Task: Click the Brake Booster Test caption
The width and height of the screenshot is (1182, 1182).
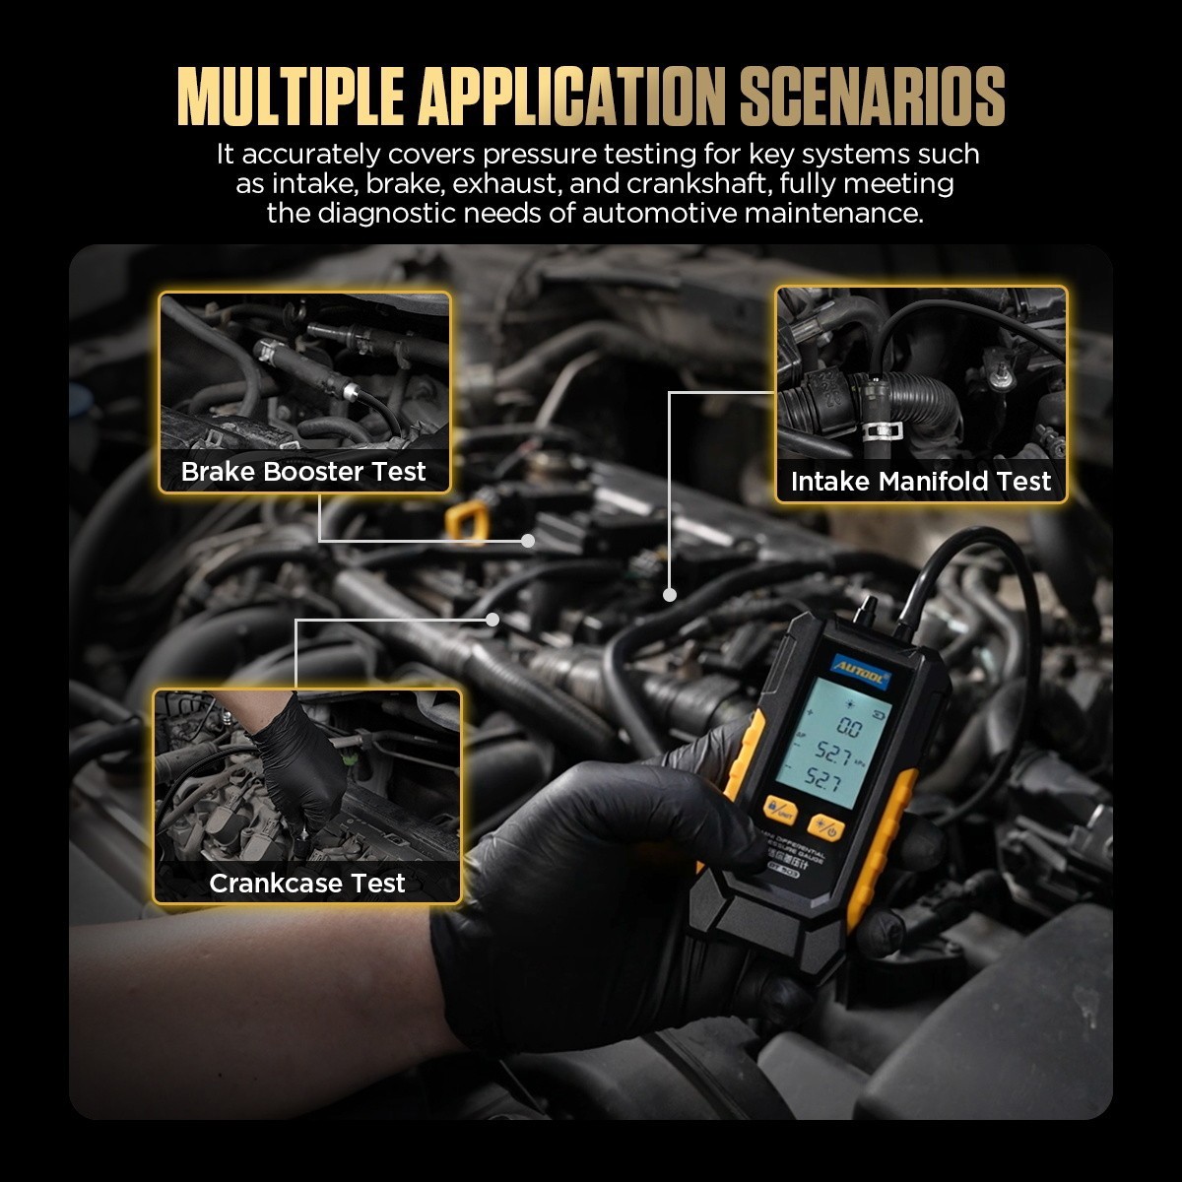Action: point(303,471)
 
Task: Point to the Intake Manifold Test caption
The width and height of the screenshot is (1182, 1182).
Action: point(921,481)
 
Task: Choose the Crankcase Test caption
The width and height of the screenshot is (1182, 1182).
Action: point(306,883)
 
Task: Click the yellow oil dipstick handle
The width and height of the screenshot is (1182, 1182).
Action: point(466,519)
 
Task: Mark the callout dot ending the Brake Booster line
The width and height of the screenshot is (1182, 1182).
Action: point(528,541)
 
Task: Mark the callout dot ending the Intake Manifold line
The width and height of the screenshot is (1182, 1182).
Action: point(670,595)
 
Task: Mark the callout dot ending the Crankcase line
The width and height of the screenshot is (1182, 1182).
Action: point(492,620)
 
